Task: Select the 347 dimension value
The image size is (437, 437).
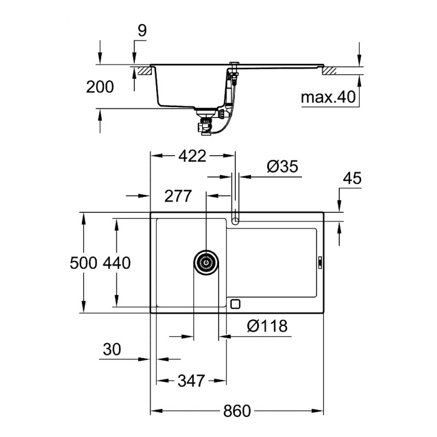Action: click(x=191, y=381)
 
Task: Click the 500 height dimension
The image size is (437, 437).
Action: click(x=84, y=263)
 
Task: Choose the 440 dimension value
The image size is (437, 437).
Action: click(x=116, y=263)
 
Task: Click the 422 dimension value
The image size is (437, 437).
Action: click(x=192, y=156)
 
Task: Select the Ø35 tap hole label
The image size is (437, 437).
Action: click(x=282, y=167)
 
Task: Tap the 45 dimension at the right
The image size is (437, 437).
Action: click(x=352, y=179)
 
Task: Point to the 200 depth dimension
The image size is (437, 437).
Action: click(x=99, y=86)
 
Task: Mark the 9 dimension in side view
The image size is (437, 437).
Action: click(x=141, y=31)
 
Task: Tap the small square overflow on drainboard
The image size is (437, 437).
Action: click(x=236, y=304)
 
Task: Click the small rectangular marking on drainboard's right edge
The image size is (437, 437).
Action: click(x=320, y=262)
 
